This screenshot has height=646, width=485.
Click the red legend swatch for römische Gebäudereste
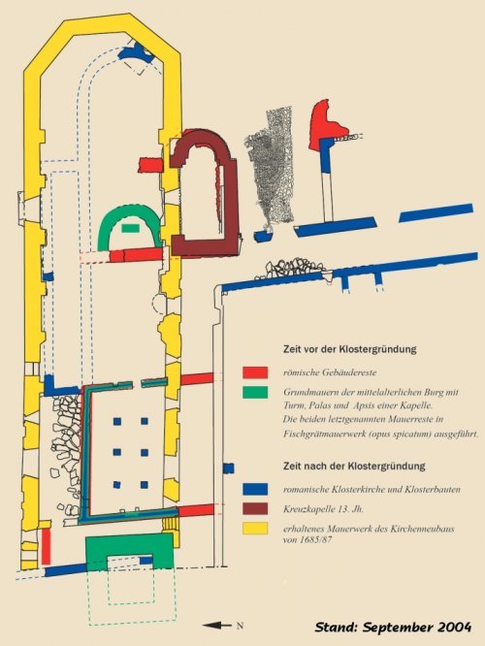pyautogui.click(x=255, y=372)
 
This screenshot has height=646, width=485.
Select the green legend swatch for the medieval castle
pyautogui.click(x=255, y=392)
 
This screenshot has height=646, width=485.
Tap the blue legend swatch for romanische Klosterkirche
pyautogui.click(x=255, y=489)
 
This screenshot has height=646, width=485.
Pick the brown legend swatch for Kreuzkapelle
pyautogui.click(x=255, y=509)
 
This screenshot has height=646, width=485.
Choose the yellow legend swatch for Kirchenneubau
pyautogui.click(x=255, y=529)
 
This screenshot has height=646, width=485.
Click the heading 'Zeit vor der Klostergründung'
pyautogui.click(x=350, y=349)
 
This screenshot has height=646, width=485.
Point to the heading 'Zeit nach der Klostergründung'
pyautogui.click(x=354, y=466)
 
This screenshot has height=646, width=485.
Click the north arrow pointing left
pyautogui.click(x=217, y=626)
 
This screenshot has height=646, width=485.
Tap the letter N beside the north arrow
pyautogui.click(x=240, y=626)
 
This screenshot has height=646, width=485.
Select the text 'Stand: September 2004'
pyautogui.click(x=393, y=627)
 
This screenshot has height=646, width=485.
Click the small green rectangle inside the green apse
pyautogui.click(x=130, y=227)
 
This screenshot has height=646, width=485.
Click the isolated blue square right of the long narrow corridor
pyautogui.click(x=229, y=468)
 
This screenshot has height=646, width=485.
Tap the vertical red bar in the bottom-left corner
pyautogui.click(x=47, y=546)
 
